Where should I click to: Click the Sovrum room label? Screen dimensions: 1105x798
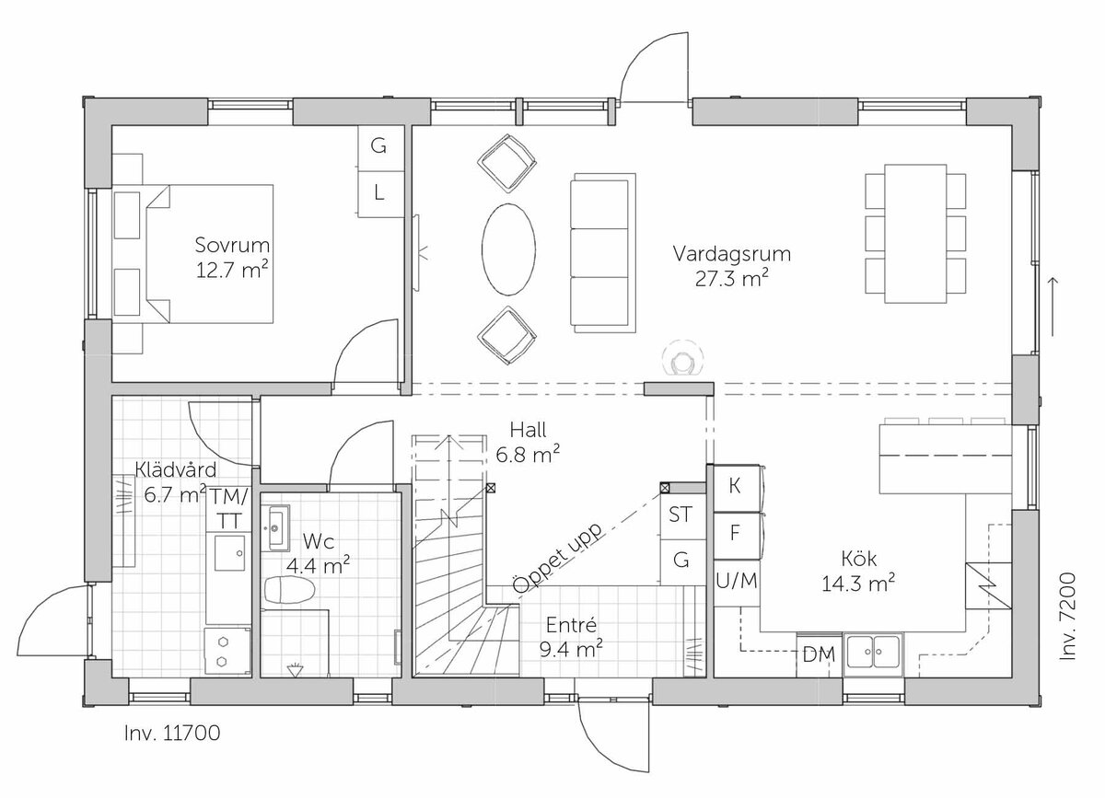click(232, 245)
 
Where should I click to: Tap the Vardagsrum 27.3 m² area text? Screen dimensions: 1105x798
click(732, 267)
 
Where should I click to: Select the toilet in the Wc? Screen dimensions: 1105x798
click(289, 589)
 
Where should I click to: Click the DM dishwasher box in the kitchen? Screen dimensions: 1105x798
click(819, 654)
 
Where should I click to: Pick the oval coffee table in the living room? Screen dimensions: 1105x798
click(508, 249)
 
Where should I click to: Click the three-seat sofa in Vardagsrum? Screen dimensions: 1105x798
click(603, 252)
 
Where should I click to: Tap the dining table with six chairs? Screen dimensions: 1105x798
click(915, 233)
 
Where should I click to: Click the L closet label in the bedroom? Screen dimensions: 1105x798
click(378, 193)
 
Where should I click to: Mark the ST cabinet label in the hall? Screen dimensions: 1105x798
click(680, 515)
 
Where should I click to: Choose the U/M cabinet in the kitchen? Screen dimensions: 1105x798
click(737, 582)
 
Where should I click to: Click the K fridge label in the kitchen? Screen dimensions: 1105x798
click(735, 486)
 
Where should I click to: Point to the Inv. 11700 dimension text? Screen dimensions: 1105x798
click(172, 734)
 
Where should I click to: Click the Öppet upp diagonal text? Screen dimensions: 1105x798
click(557, 558)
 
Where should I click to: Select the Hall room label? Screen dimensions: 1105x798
click(528, 430)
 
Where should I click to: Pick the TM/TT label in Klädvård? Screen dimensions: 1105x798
click(228, 508)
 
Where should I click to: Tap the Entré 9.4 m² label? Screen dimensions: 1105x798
click(571, 638)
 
